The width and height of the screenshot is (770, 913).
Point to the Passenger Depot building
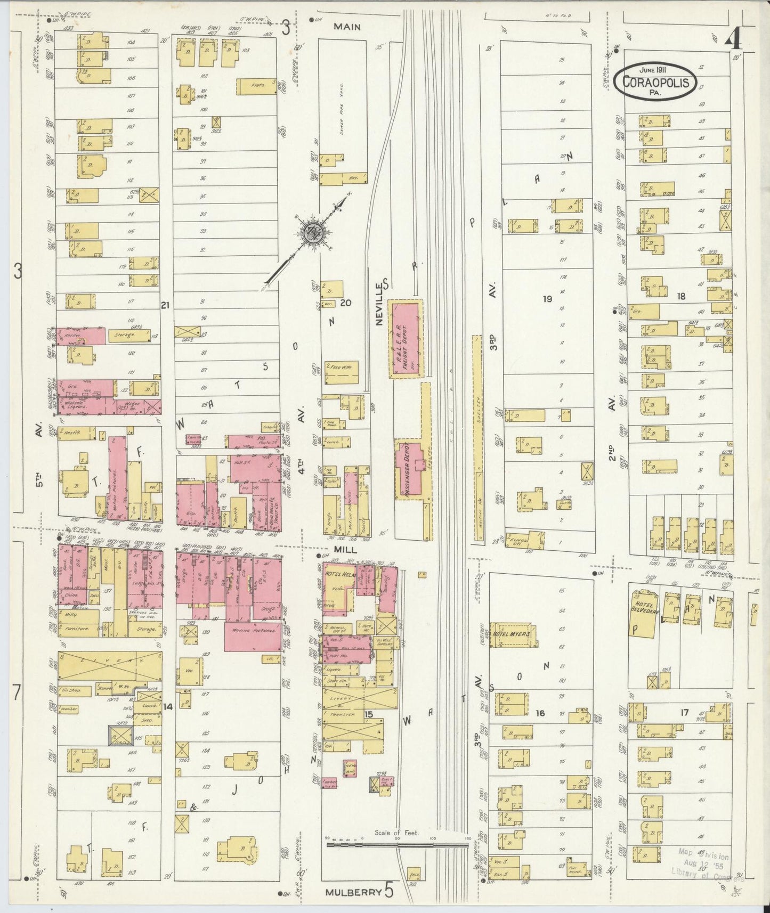[411, 469]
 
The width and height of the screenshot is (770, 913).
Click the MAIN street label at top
[347, 27]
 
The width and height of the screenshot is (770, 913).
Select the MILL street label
[345, 548]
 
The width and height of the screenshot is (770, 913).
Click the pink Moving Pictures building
[253, 635]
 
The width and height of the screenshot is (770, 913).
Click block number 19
[547, 299]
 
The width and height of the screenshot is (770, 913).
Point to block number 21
[165, 305]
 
